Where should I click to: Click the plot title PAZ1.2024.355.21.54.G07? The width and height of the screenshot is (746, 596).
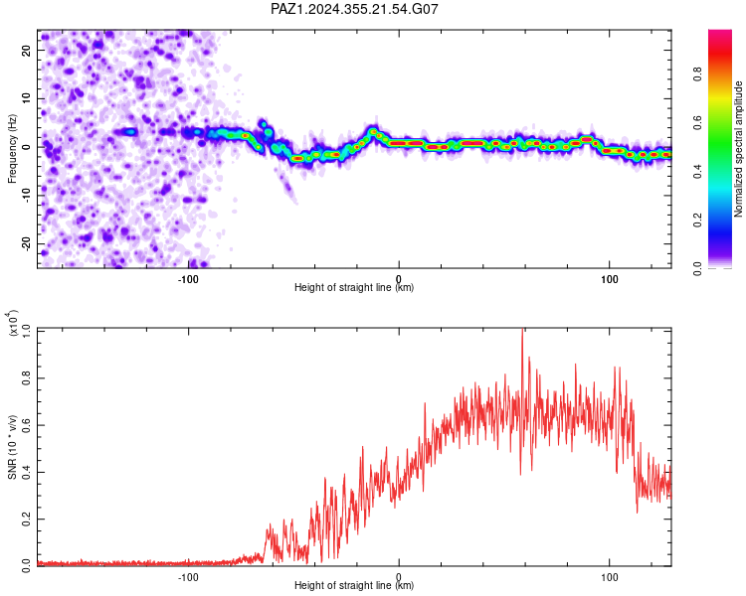354,9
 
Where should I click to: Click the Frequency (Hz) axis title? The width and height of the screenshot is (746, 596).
12,149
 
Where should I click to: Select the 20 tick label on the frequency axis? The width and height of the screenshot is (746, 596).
26,51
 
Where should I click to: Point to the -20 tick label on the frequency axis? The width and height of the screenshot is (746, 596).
26,243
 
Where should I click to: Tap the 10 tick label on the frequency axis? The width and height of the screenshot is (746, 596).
26,99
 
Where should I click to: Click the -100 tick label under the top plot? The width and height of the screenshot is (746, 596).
188,279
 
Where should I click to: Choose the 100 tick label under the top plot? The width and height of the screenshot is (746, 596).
609,279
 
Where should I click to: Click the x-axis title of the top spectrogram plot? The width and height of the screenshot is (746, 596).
354,287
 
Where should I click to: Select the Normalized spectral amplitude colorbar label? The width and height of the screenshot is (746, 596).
738,149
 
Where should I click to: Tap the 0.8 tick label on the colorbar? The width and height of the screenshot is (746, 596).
697,74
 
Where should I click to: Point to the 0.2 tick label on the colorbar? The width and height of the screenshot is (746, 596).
697,221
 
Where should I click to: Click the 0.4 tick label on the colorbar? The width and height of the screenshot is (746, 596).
697,172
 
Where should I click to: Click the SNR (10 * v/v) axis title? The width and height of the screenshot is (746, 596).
12,447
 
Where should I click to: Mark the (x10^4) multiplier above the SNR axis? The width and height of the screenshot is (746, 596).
12,323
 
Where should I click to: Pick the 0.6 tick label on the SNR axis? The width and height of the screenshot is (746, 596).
26,425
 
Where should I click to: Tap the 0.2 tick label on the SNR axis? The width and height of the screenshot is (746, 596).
26,520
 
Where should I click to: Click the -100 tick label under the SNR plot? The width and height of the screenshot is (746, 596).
188,577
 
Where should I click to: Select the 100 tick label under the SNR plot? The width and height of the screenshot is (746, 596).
609,577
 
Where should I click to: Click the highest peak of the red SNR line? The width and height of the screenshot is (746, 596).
523,329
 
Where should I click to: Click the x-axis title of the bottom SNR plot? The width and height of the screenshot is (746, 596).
354,585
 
